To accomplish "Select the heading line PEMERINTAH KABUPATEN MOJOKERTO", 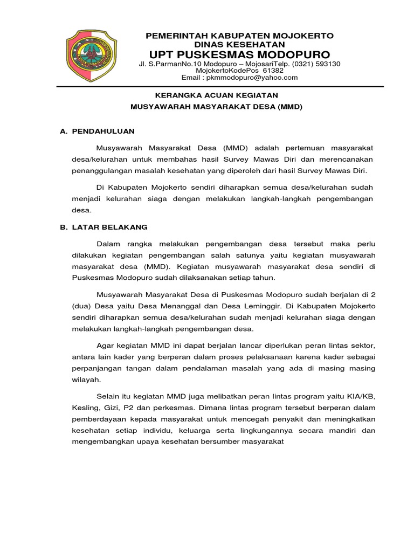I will [240, 36].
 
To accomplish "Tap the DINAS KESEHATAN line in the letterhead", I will [240, 44].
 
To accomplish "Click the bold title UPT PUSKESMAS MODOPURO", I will [240, 55].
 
